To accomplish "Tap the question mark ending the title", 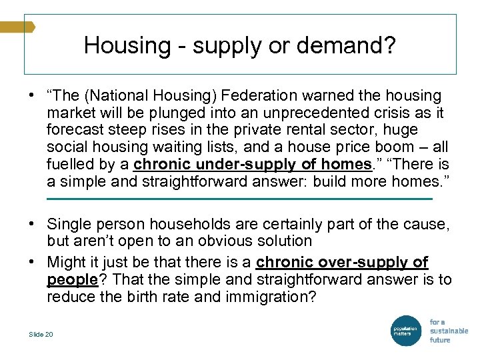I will click(390, 46).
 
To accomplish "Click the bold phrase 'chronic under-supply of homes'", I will click(253, 165).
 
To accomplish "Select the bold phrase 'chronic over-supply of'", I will click(342, 262).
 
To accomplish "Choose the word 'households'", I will click(206, 223).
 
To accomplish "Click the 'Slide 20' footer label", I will click(41, 335).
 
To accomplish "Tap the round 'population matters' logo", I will click(405, 330).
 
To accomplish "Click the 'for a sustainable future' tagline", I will click(448, 331).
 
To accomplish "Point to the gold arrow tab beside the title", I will click(17, 27).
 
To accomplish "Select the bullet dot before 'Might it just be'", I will click(32, 262).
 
